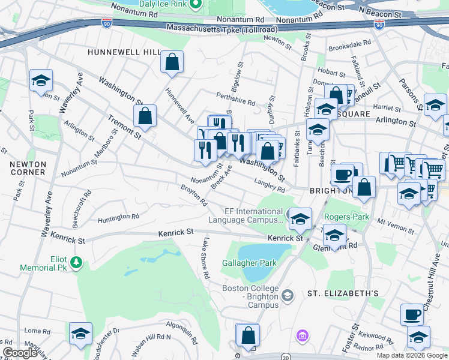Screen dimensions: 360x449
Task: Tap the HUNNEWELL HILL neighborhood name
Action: click(x=122, y=53)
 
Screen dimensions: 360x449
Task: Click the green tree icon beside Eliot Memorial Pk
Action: click(x=76, y=262)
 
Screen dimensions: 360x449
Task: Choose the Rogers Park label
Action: click(x=345, y=217)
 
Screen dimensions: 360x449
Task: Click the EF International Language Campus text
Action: click(x=245, y=215)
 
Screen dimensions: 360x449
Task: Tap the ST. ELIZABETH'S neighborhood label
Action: click(x=343, y=293)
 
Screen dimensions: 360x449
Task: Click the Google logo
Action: click(x=20, y=353)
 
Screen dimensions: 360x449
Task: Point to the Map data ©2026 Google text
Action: click(x=411, y=355)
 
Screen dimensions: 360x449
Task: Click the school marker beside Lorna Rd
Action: click(x=80, y=334)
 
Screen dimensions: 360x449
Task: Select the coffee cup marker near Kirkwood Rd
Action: click(x=412, y=314)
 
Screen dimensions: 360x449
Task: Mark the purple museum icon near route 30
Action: click(x=303, y=334)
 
